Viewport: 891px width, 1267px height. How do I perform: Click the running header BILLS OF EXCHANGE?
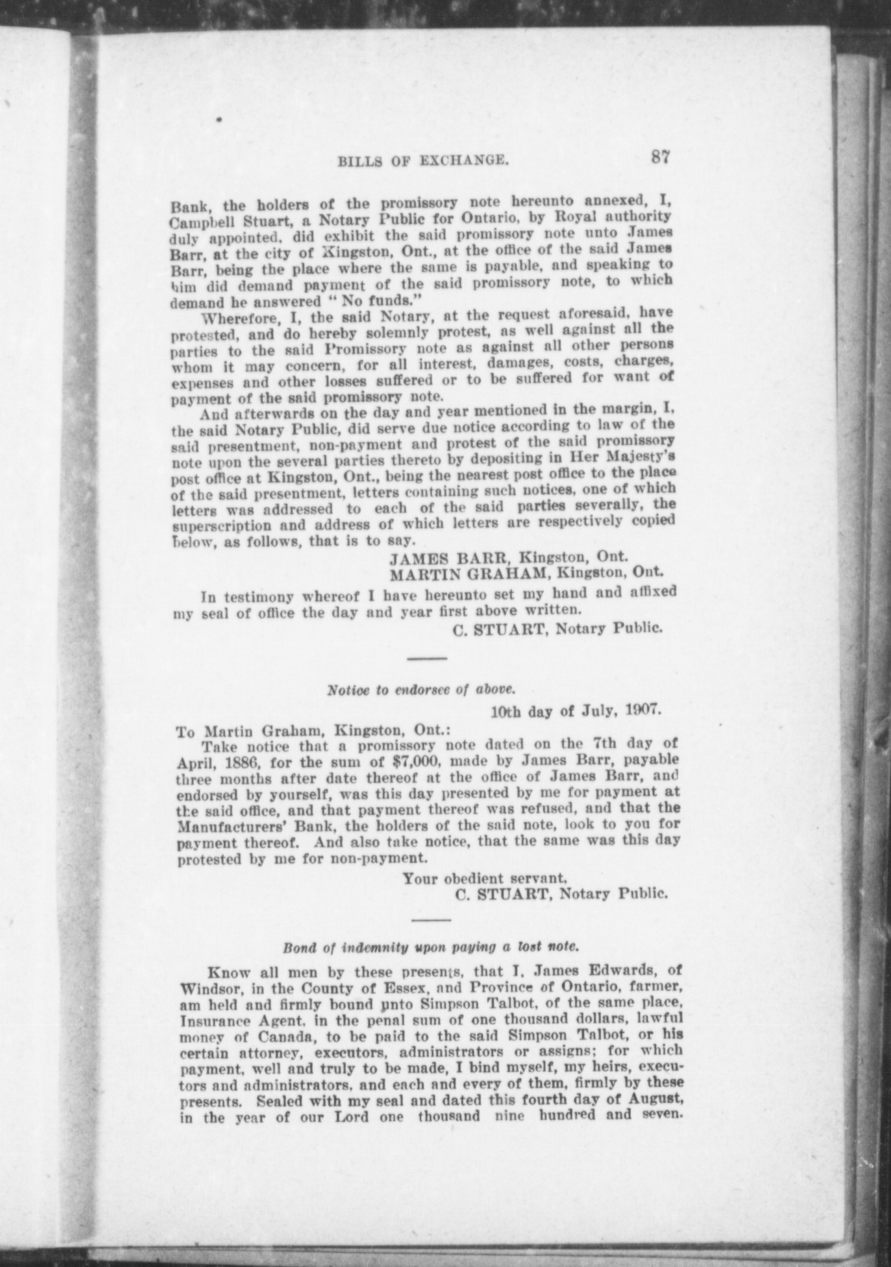pyautogui.click(x=423, y=160)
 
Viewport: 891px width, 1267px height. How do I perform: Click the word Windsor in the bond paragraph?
pyautogui.click(x=206, y=986)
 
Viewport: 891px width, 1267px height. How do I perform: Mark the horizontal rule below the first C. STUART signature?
pyautogui.click(x=426, y=658)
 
